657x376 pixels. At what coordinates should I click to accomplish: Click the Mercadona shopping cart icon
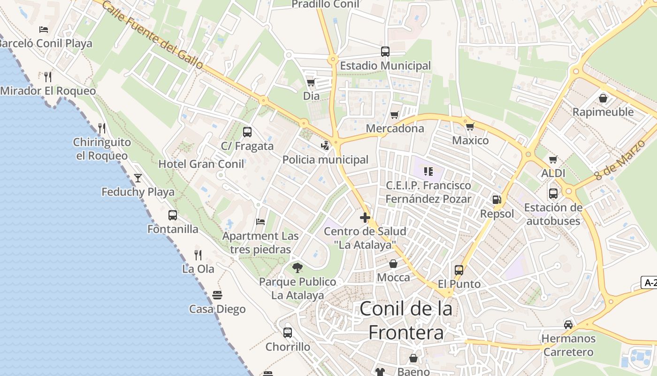395,115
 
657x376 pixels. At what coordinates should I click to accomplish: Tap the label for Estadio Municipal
385,66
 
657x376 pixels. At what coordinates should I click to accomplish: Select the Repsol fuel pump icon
497,200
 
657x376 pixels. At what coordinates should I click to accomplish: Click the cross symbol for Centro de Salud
365,218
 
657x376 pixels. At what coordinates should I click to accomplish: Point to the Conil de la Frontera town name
406,321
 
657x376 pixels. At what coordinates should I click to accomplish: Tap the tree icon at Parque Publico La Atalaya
297,268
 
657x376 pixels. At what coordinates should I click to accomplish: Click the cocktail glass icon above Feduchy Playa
138,178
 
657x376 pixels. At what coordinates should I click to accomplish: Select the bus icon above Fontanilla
173,215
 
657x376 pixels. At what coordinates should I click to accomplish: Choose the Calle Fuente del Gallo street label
153,35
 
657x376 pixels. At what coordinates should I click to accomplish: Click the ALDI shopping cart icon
553,160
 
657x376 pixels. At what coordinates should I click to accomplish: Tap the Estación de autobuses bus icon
553,193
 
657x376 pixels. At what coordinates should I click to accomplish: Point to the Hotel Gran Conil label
201,164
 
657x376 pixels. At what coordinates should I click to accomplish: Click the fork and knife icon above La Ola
198,255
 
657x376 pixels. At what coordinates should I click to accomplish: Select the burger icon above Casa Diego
217,295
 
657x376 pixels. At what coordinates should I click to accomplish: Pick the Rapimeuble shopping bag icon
603,98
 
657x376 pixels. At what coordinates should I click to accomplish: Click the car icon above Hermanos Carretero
568,325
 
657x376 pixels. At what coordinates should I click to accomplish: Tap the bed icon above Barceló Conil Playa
44,29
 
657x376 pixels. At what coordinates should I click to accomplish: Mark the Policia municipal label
325,160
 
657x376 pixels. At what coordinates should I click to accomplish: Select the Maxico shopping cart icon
470,127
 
